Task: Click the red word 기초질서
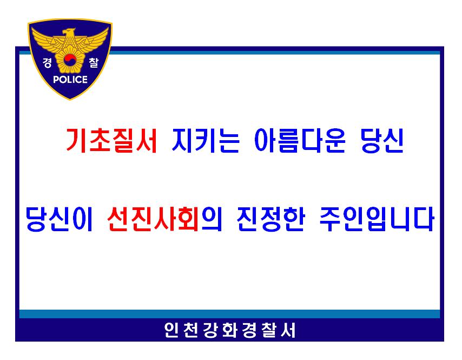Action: (111, 140)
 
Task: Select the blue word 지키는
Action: (206, 140)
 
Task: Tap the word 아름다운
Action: (300, 140)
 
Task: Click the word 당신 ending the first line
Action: (382, 140)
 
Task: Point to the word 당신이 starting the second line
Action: (59, 219)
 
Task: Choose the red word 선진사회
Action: (153, 219)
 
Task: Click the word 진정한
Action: (271, 219)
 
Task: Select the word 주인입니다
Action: (377, 219)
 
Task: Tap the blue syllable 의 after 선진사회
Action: (211, 219)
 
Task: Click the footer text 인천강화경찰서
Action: (230, 330)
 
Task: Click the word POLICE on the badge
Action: (70, 80)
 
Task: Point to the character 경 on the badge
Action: (48, 62)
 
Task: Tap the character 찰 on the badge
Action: (94, 62)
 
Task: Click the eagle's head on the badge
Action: (69, 32)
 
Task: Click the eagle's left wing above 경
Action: (47, 40)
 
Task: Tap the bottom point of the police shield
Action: (70, 100)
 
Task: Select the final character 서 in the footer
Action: (288, 330)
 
